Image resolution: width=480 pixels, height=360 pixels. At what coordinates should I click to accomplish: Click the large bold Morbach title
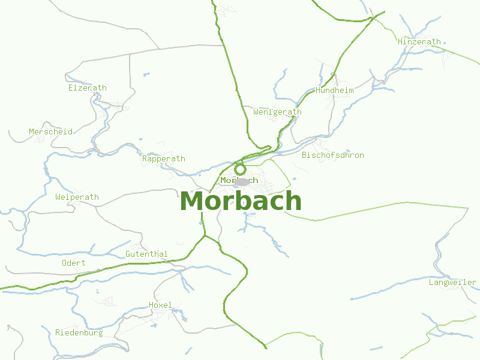pyautogui.click(x=240, y=201)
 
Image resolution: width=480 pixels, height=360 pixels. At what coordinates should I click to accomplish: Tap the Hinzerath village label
pyautogui.click(x=419, y=42)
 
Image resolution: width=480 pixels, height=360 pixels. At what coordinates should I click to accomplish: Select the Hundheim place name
pyautogui.click(x=334, y=91)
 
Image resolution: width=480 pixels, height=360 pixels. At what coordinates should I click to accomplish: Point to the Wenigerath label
pyautogui.click(x=277, y=112)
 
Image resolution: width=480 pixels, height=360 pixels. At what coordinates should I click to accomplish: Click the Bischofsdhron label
pyautogui.click(x=332, y=155)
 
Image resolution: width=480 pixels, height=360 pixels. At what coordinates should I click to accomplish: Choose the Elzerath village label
pyautogui.click(x=87, y=88)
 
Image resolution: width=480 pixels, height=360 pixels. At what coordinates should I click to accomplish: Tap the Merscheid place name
pyautogui.click(x=50, y=132)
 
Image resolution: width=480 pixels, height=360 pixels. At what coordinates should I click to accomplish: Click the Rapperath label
pyautogui.click(x=163, y=159)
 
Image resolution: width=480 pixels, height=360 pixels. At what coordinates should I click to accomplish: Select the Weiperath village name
pyautogui.click(x=77, y=197)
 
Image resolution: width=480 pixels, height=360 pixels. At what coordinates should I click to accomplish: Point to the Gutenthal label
pyautogui.click(x=146, y=254)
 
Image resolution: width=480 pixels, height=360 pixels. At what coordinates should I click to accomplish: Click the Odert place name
pyautogui.click(x=73, y=263)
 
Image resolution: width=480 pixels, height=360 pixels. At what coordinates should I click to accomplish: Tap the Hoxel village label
pyautogui.click(x=160, y=305)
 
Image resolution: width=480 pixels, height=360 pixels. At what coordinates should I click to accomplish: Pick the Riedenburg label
pyautogui.click(x=79, y=333)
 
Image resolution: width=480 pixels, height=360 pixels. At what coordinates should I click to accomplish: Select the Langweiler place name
pyautogui.click(x=452, y=283)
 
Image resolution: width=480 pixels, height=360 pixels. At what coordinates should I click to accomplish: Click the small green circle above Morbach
pyautogui.click(x=240, y=169)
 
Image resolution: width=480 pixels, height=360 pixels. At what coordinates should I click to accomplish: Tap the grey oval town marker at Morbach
pyautogui.click(x=242, y=182)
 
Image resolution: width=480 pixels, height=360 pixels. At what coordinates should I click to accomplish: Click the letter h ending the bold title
pyautogui.click(x=293, y=201)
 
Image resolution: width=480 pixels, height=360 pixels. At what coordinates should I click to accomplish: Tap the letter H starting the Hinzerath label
pyautogui.click(x=400, y=42)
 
